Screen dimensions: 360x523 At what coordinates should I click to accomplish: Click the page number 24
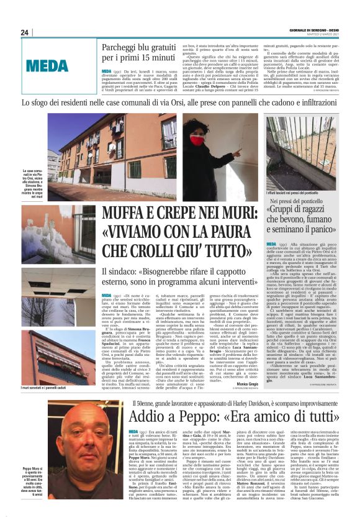click(x=25, y=32)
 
